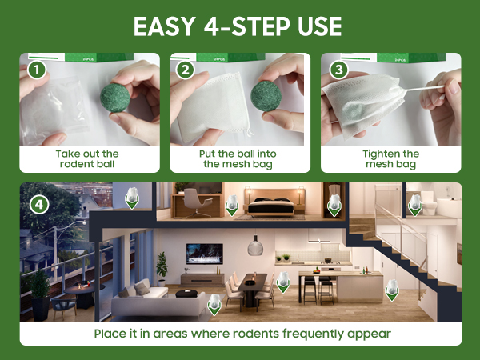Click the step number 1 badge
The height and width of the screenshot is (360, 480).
click(37, 70)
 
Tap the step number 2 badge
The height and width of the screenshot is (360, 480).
click(186, 70)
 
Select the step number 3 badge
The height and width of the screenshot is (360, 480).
click(338, 70)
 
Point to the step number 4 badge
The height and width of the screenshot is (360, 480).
click(39, 204)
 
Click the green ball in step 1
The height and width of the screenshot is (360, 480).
click(115, 98)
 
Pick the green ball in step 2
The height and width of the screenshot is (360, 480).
click(266, 96)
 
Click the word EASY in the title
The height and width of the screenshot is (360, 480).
click(165, 26)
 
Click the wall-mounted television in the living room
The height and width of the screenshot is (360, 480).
click(205, 254)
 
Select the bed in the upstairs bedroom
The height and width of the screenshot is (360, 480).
click(271, 206)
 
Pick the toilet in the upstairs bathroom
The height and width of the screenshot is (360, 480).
click(429, 203)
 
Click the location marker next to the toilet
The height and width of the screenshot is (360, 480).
click(415, 205)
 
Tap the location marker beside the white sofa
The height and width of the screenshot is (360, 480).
click(214, 304)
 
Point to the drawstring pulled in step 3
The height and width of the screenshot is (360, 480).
click(423, 89)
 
